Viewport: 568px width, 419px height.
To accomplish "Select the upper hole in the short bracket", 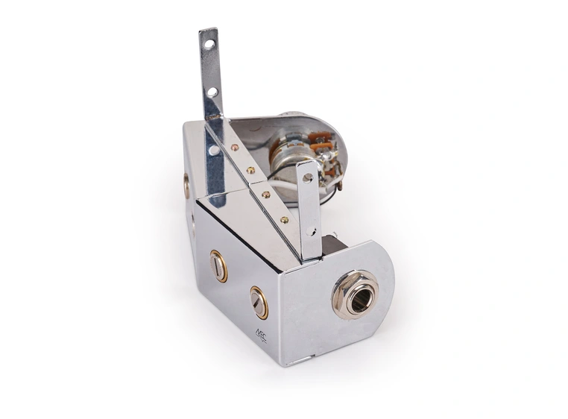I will tap(307, 177).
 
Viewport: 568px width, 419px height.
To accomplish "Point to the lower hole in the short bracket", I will tap(311, 232).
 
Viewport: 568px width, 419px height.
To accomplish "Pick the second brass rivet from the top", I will tap(250, 170).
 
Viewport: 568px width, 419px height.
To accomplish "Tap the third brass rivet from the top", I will tap(266, 195).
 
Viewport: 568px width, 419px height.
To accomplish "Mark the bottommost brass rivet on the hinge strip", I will tap(284, 221).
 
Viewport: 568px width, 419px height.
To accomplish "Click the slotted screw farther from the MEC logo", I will tap(218, 266).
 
